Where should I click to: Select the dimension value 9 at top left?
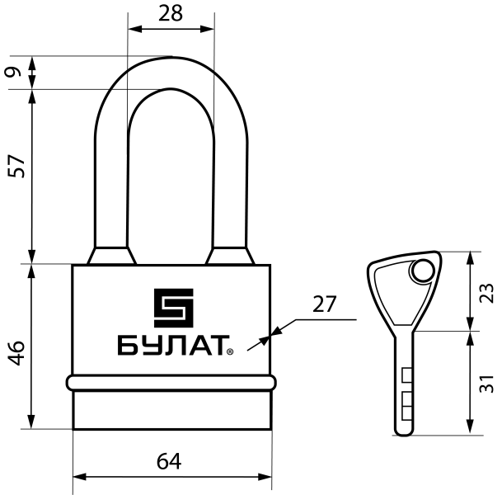[x=12, y=72]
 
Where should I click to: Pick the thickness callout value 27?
[x=325, y=304]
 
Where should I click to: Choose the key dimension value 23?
[x=486, y=292]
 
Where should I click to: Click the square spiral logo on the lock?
[x=172, y=308]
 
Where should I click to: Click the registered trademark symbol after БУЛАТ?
[x=230, y=352]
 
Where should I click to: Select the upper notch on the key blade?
[x=406, y=376]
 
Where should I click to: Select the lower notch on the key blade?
[x=406, y=403]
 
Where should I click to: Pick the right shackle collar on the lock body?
[x=231, y=256]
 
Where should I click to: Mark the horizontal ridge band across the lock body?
[x=171, y=383]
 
